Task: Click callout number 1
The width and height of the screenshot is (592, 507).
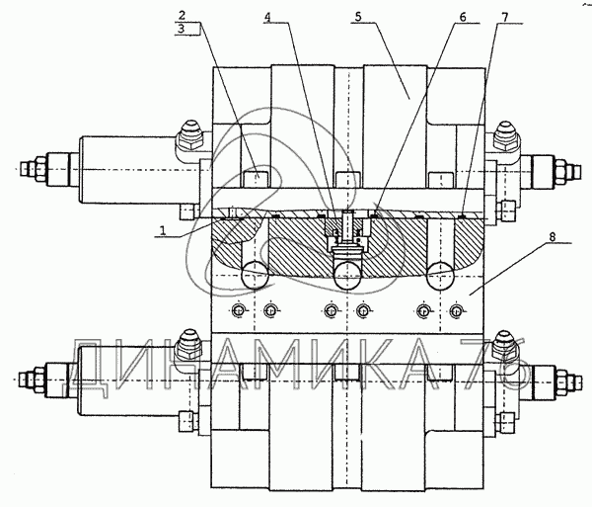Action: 163,230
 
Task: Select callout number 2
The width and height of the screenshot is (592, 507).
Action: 182,16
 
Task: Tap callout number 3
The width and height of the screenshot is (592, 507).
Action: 182,29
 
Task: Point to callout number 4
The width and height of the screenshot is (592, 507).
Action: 267,17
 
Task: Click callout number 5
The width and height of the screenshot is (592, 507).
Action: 358,17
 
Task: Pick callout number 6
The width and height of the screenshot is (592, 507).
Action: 463,17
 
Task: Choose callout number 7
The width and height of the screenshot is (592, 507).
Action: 505,17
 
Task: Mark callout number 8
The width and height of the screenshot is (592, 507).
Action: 553,237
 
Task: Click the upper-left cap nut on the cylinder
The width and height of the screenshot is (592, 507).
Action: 189,135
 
